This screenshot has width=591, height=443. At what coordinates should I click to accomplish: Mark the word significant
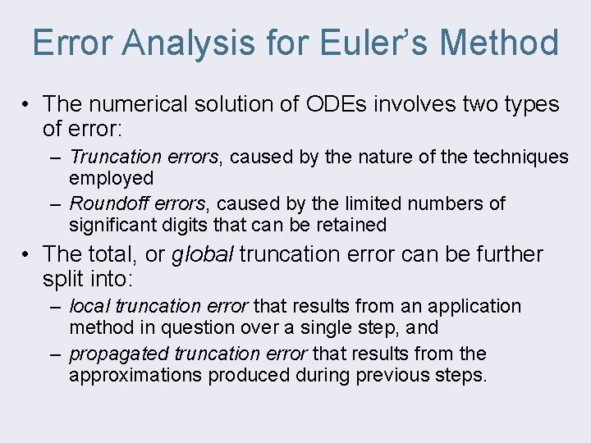point(112,225)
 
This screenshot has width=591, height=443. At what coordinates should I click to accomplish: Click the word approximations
point(135,376)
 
